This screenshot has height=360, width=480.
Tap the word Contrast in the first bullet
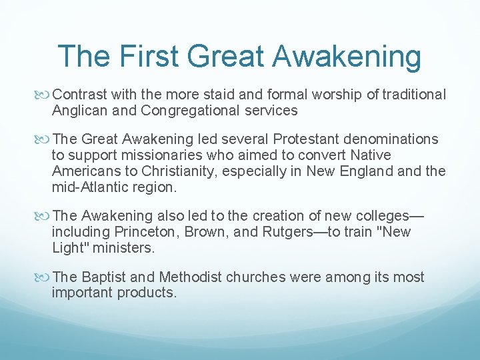(79, 95)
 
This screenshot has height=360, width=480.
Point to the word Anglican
(79, 111)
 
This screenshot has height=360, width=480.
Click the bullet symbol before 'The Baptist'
(45, 277)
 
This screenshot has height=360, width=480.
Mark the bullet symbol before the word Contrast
(45, 95)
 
